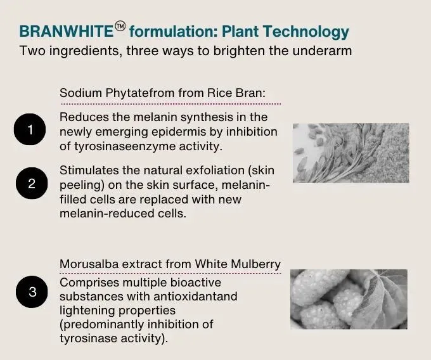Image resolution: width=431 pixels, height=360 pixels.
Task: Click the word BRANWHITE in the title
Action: click(x=67, y=31)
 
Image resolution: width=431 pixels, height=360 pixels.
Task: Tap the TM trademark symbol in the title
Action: click(x=120, y=27)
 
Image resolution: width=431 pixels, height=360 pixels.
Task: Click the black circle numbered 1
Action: click(x=30, y=129)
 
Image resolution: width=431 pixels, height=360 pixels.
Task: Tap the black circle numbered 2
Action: click(x=32, y=183)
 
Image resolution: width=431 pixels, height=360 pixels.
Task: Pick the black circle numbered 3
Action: click(x=32, y=292)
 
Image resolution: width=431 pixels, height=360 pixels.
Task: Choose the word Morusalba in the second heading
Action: click(x=89, y=264)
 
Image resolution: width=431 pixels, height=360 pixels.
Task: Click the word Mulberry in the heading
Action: click(x=255, y=264)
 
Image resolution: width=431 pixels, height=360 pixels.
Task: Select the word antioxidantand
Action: click(x=195, y=297)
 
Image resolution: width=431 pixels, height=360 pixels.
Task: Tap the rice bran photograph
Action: click(x=351, y=153)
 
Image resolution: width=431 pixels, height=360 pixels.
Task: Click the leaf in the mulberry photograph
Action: click(x=381, y=298)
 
